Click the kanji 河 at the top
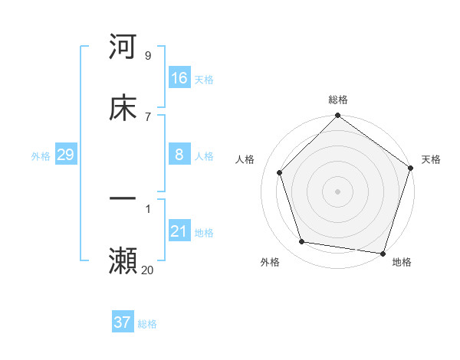(x=123, y=47)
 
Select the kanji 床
(x=123, y=108)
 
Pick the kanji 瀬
(x=123, y=261)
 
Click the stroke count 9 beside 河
(x=148, y=56)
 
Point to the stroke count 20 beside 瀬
(x=148, y=270)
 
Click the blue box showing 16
(x=179, y=77)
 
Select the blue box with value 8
(x=179, y=154)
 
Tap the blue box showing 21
(x=179, y=231)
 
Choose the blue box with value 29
(x=65, y=155)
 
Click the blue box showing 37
(x=123, y=322)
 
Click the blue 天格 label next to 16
(x=204, y=80)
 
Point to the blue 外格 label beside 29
(x=41, y=156)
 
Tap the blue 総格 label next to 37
(x=147, y=324)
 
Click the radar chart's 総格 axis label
(x=338, y=100)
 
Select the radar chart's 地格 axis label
(x=402, y=262)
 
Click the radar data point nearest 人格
(x=279, y=172)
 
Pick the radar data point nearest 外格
(x=302, y=242)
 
